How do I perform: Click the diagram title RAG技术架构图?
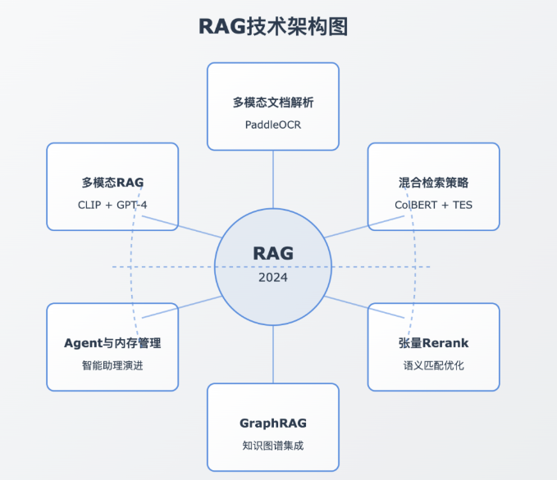point(273,26)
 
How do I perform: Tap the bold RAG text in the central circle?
point(273,253)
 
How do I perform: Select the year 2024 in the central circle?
point(273,277)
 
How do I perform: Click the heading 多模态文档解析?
point(273,103)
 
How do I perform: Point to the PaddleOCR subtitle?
point(273,125)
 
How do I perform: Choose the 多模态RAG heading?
point(112,183)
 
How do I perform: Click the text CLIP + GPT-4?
point(112,204)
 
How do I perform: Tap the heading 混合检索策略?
point(433,183)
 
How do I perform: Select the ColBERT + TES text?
point(433,204)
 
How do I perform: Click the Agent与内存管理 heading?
point(112,343)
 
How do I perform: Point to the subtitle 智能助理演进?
point(112,365)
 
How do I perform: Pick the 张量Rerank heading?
point(433,343)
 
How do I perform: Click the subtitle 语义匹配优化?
point(433,365)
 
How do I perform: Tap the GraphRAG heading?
point(273,423)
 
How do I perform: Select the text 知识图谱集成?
point(273,445)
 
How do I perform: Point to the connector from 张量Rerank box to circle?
point(346,303)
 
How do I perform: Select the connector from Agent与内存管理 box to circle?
point(199,303)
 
